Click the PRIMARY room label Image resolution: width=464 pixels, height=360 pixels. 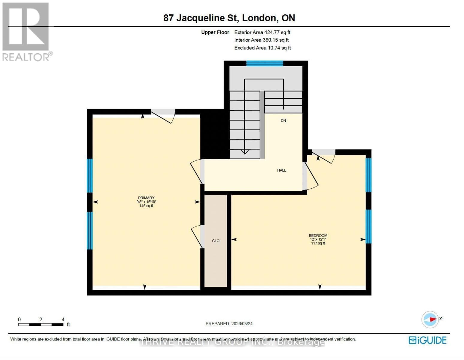[146, 198]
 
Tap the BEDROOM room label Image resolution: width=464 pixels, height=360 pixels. [318, 235]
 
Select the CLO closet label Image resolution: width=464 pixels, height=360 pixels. [216, 241]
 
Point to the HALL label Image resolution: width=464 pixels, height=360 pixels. [281, 170]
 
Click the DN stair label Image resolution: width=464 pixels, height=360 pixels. [283, 121]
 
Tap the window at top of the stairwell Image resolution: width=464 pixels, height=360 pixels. [264, 63]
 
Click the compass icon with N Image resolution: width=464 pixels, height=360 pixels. [430, 319]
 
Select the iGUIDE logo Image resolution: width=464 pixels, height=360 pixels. [427, 340]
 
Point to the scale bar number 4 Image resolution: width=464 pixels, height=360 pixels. [63, 319]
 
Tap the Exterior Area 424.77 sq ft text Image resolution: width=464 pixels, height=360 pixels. [262, 32]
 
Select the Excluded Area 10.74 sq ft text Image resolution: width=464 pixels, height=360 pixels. [262, 48]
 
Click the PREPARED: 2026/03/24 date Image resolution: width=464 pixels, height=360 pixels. [229, 323]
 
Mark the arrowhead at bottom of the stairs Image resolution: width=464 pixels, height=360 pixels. [245, 152]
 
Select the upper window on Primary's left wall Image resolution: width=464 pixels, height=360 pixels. [90, 175]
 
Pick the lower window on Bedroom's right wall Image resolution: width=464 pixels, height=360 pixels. [368, 226]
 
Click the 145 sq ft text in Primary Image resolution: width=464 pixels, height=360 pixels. [146, 206]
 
